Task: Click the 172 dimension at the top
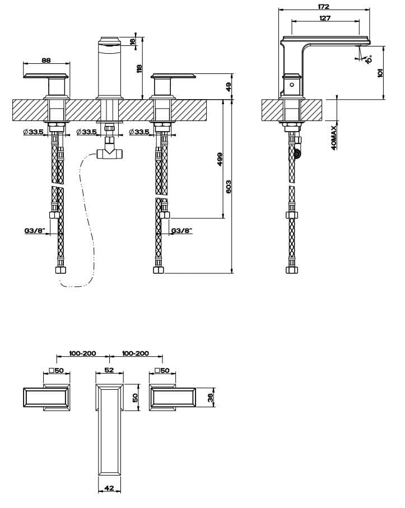[324, 6]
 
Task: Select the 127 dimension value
[325, 18]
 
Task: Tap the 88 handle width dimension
[46, 60]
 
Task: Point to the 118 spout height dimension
[139, 69]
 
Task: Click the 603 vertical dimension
[229, 187]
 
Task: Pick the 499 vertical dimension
[220, 160]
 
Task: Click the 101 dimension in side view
[380, 73]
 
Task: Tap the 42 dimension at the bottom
[109, 488]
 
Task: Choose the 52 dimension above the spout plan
[109, 370]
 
